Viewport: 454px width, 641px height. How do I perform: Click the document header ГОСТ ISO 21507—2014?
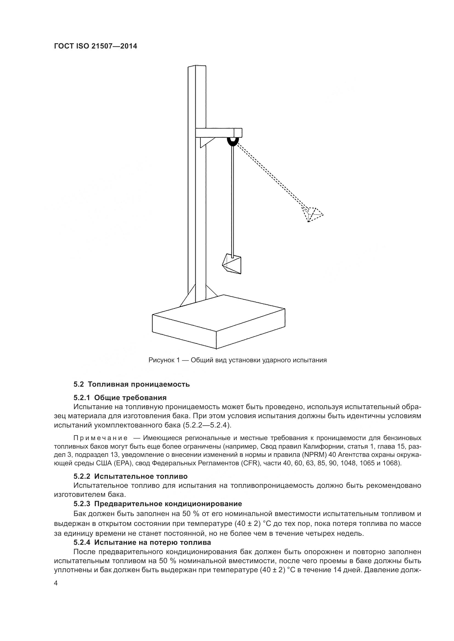point(95,46)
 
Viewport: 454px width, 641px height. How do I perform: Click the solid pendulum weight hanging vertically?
point(232,264)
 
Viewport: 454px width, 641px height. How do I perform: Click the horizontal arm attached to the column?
point(218,132)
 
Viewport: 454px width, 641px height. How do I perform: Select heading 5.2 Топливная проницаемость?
point(131,384)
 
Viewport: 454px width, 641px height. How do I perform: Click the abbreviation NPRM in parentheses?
point(314,455)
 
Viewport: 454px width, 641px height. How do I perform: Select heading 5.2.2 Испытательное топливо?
point(130,476)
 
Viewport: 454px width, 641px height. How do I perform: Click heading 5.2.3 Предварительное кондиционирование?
point(158,504)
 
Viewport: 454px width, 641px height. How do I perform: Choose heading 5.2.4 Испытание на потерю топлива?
point(142,542)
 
